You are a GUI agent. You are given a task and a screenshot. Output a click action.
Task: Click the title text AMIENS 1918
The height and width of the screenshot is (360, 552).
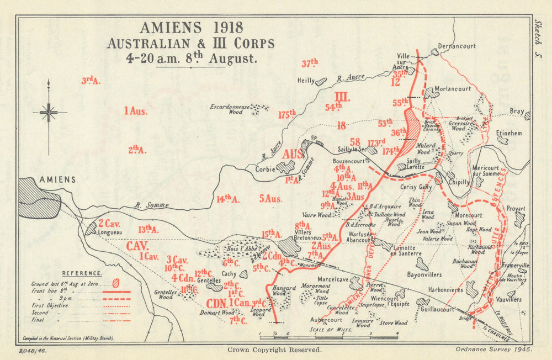(190, 28)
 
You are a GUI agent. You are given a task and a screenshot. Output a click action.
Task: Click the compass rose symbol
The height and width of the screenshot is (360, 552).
(49, 113)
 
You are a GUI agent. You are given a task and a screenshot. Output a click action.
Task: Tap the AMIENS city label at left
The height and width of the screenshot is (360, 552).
(57, 180)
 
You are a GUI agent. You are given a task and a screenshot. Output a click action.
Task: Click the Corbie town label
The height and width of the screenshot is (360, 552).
(266, 170)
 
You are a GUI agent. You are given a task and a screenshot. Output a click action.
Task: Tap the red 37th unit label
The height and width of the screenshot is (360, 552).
(310, 63)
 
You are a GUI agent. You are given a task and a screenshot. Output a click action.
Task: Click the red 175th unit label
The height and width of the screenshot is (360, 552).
(287, 114)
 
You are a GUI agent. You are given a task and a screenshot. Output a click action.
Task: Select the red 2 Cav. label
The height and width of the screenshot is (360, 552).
(110, 224)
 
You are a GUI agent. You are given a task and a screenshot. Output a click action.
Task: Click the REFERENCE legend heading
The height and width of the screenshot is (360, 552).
(82, 273)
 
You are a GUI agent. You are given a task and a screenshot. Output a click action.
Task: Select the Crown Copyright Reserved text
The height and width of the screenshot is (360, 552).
(274, 350)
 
